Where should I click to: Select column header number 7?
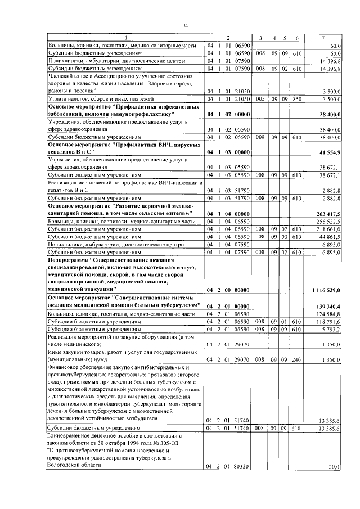pyautogui.click(x=322, y=38)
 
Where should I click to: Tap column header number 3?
pyautogui.click(x=260, y=38)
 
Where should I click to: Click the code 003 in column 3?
pyautogui.click(x=260, y=98)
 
